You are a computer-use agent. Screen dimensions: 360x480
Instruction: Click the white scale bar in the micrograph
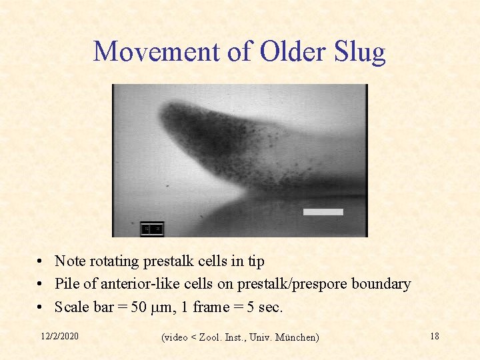point(323,212)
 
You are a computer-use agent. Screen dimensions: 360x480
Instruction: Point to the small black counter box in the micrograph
point(152,229)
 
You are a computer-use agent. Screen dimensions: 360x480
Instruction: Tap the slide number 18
point(434,336)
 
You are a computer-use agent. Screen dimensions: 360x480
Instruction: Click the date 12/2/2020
point(58,336)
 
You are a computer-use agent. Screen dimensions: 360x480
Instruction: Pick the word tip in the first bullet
point(255,261)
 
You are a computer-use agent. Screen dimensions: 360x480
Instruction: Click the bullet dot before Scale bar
point(41,308)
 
